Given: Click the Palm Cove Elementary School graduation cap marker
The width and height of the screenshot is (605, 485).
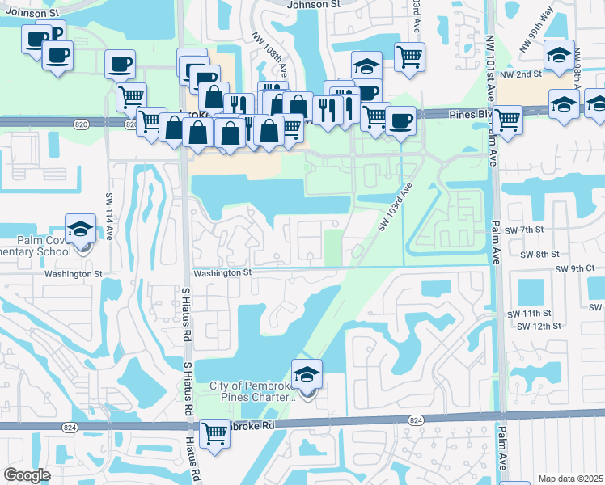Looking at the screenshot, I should [x=79, y=230].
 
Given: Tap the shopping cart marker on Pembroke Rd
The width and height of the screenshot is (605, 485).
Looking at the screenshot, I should [x=214, y=434].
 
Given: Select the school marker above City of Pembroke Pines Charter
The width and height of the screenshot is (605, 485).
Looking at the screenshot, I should [x=307, y=375].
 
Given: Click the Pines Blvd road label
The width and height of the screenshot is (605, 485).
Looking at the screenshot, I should [x=472, y=116].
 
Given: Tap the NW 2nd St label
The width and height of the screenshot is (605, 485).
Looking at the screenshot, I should [x=518, y=74].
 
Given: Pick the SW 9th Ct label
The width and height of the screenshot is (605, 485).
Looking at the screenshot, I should [x=575, y=268].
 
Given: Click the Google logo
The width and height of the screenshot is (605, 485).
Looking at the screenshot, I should [x=27, y=475].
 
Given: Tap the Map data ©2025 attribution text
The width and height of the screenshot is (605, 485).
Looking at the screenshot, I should [x=570, y=479].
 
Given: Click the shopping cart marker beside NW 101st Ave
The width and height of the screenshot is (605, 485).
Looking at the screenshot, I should [x=506, y=120].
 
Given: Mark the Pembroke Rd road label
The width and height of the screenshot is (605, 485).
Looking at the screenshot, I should [x=251, y=424].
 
